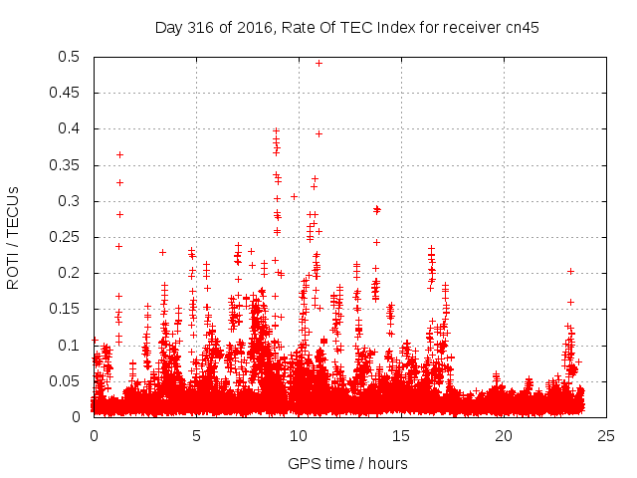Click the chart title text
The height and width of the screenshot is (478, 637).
[346, 27]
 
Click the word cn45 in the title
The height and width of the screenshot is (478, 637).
[523, 27]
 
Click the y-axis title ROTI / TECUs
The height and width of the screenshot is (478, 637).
[14, 236]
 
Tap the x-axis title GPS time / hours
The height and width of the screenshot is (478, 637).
[346, 463]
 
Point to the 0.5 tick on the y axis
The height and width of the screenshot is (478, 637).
[73, 57]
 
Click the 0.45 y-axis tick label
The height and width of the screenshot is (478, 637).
[69, 94]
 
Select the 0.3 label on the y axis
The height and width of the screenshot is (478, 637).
[73, 201]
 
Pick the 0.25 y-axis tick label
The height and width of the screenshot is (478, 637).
[69, 237]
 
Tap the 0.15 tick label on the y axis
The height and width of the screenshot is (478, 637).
[69, 309]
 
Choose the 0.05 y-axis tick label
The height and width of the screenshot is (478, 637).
[69, 381]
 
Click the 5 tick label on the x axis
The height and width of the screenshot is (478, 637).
[196, 435]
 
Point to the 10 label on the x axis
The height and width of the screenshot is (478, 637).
[299, 435]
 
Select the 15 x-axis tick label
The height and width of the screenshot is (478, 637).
[401, 435]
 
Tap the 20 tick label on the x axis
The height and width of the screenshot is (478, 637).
[504, 435]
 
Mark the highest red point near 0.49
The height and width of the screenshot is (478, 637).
[318, 63]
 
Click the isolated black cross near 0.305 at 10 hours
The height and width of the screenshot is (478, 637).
[294, 196]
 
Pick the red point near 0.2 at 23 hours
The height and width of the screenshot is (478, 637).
[570, 271]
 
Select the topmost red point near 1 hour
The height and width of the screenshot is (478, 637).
[119, 154]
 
